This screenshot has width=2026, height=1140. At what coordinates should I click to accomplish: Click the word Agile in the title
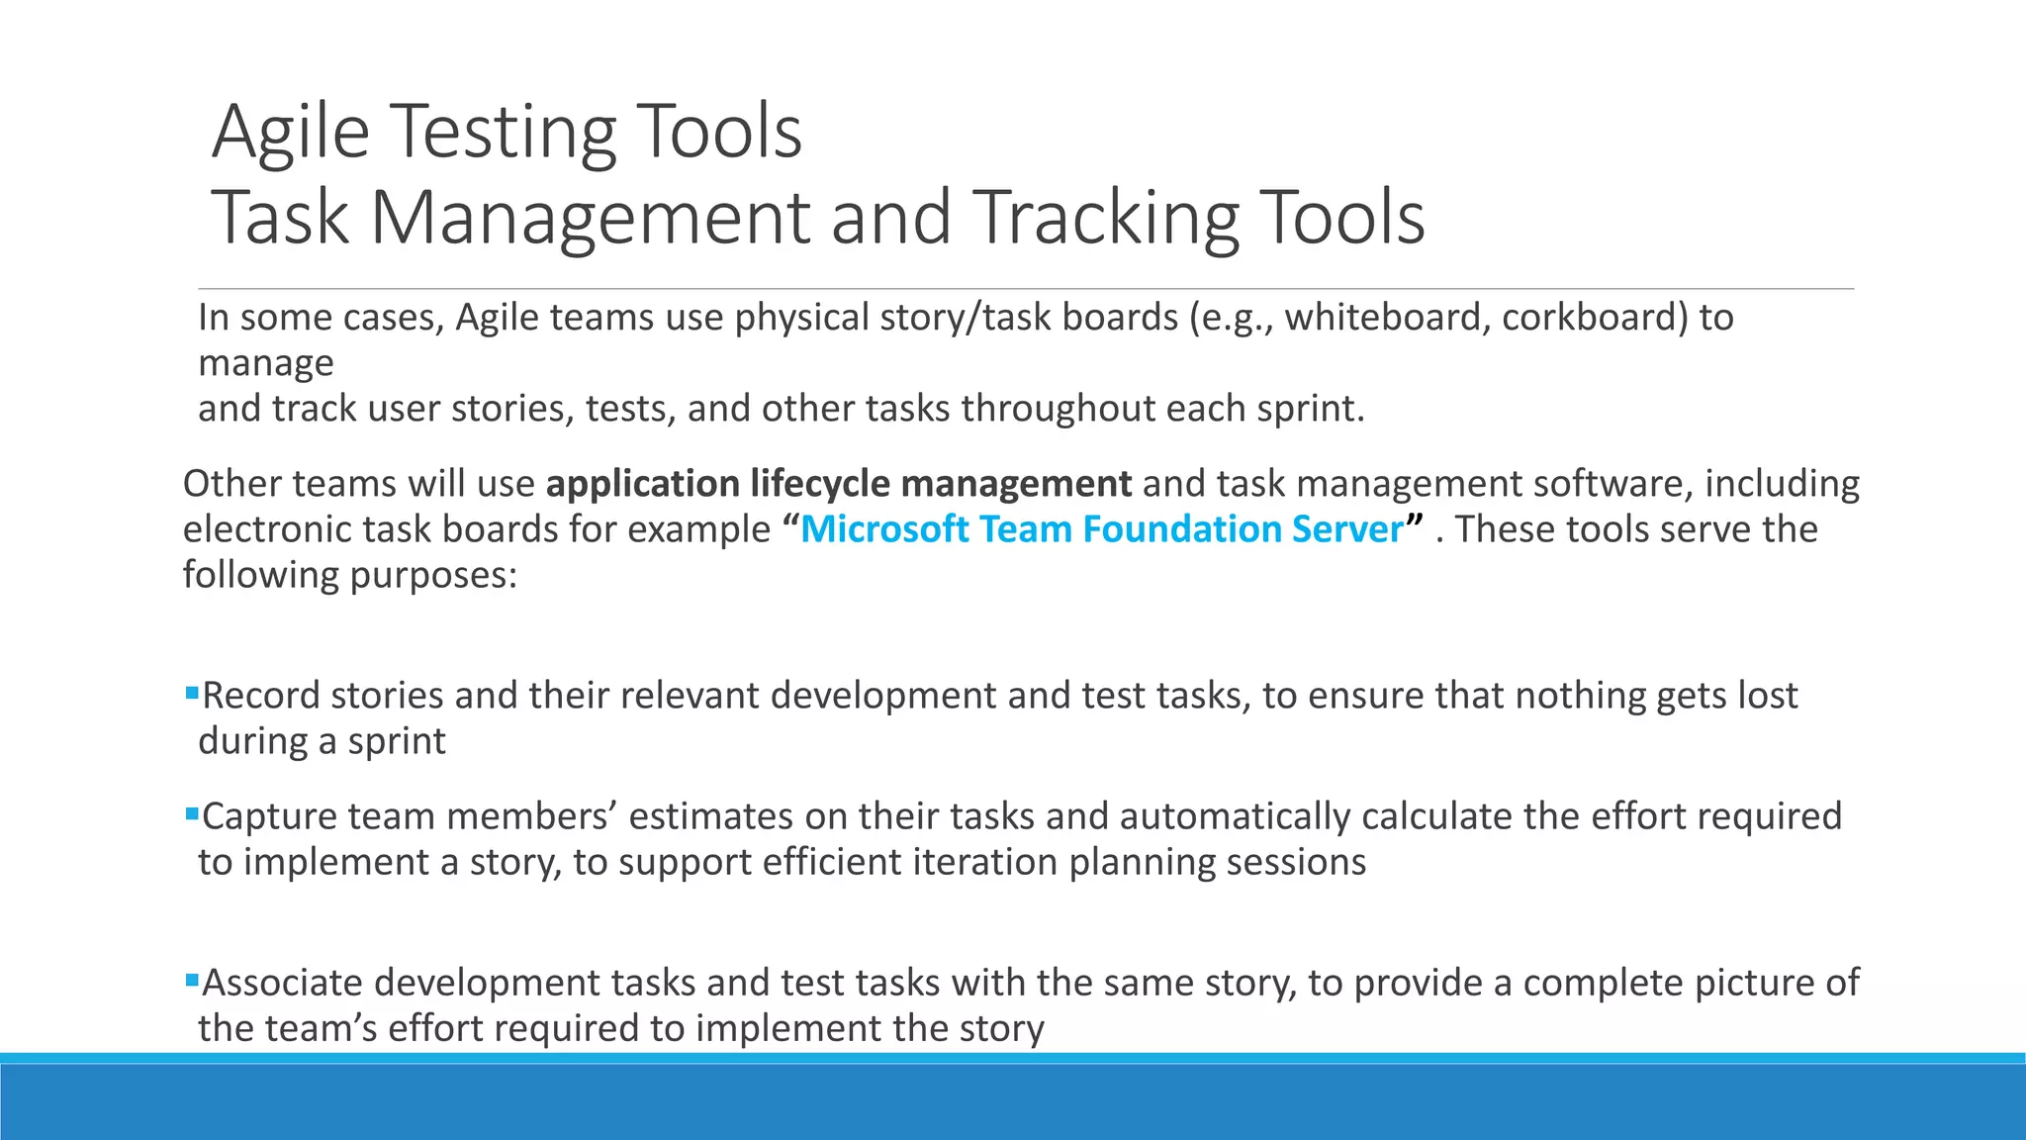pyautogui.click(x=291, y=134)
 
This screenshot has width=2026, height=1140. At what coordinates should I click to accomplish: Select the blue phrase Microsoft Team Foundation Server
pyautogui.click(x=1101, y=529)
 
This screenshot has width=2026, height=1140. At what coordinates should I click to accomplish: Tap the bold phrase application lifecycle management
pyautogui.click(x=838, y=484)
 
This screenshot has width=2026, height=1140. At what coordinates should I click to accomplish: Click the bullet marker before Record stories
pyautogui.click(x=192, y=693)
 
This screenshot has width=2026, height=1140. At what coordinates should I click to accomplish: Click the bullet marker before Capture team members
pyautogui.click(x=192, y=813)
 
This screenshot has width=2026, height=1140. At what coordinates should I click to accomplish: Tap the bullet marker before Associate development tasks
pyautogui.click(x=192, y=980)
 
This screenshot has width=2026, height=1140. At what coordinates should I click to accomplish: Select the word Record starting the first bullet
pyautogui.click(x=261, y=696)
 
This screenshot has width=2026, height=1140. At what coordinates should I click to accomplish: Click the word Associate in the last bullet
pyautogui.click(x=282, y=983)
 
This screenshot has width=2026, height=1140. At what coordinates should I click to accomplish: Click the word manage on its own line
pyautogui.click(x=265, y=363)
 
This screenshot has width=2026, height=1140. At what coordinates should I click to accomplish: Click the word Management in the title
pyautogui.click(x=591, y=218)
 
